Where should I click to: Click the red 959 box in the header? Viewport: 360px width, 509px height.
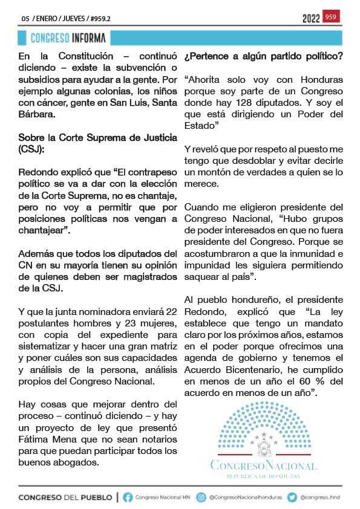click(331, 17)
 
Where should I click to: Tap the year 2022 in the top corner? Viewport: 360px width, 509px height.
click(311, 19)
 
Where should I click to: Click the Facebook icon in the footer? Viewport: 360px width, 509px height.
click(128, 498)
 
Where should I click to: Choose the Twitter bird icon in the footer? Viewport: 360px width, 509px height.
click(292, 498)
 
